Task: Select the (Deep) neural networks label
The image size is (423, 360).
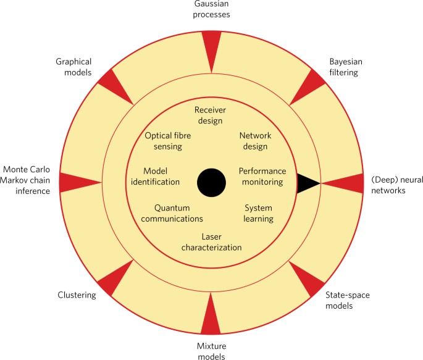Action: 397,185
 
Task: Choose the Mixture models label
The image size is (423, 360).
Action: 211,351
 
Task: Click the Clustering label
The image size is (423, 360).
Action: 77,295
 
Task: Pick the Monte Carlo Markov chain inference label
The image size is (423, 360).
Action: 27,180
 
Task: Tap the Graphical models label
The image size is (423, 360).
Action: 73,67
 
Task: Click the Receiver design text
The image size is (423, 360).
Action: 209,115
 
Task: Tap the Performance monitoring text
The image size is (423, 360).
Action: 261,177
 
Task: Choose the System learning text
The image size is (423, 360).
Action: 258,214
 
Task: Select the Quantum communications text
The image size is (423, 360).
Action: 170,214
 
